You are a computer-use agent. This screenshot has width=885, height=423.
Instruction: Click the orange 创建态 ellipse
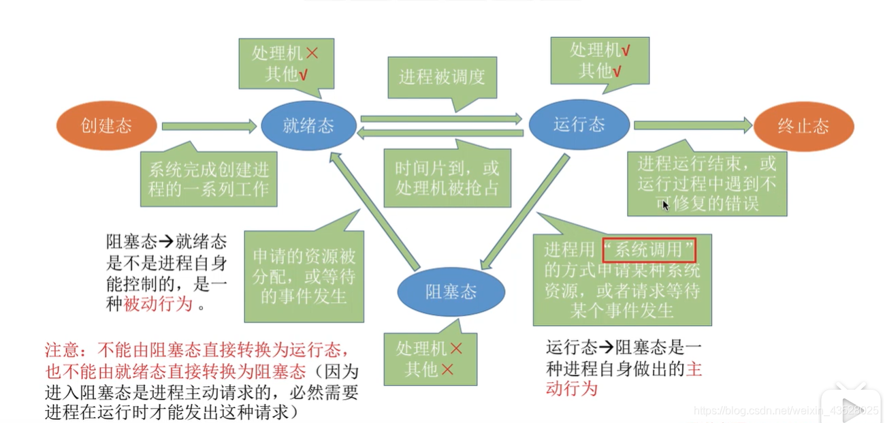106,126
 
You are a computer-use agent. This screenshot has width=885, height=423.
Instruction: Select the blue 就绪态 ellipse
308,126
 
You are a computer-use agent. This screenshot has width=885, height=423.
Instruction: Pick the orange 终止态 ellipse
803,126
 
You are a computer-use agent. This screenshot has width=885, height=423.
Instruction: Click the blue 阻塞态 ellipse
451,292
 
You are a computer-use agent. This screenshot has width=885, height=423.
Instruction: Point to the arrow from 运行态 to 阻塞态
525,212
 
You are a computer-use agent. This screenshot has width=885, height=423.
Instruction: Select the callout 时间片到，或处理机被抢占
447,178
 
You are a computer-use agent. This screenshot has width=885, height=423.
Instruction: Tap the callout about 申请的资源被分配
304,276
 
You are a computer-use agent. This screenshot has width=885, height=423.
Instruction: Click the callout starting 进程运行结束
707,183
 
